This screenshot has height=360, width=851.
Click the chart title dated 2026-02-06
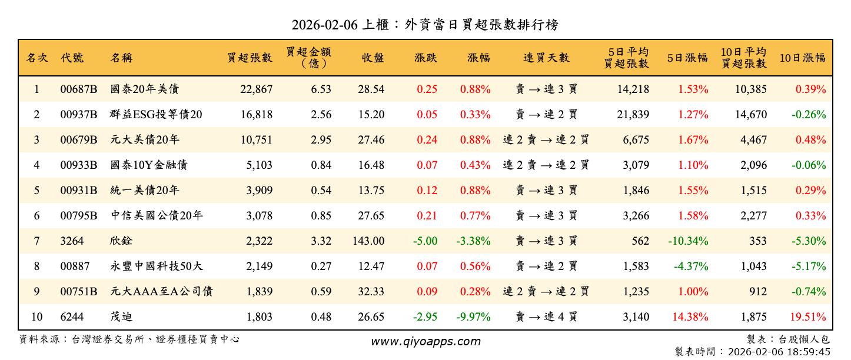click(425, 25)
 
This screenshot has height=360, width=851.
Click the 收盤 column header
click(373, 58)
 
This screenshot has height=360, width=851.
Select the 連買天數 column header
click(546, 58)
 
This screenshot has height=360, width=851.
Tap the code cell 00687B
click(78, 89)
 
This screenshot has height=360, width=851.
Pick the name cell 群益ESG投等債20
click(156, 115)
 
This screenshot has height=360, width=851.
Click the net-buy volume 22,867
click(256, 89)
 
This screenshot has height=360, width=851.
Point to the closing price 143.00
click(370, 241)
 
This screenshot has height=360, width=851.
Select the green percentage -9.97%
click(473, 317)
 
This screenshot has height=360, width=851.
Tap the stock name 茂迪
click(121, 317)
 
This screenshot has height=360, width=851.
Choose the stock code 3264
click(72, 241)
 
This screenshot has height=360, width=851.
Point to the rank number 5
click(36, 191)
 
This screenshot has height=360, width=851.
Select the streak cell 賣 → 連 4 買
click(546, 317)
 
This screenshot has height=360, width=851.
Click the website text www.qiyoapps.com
click(425, 341)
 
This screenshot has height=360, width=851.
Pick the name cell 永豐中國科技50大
click(157, 266)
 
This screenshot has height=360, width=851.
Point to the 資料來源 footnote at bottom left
click(129, 339)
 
